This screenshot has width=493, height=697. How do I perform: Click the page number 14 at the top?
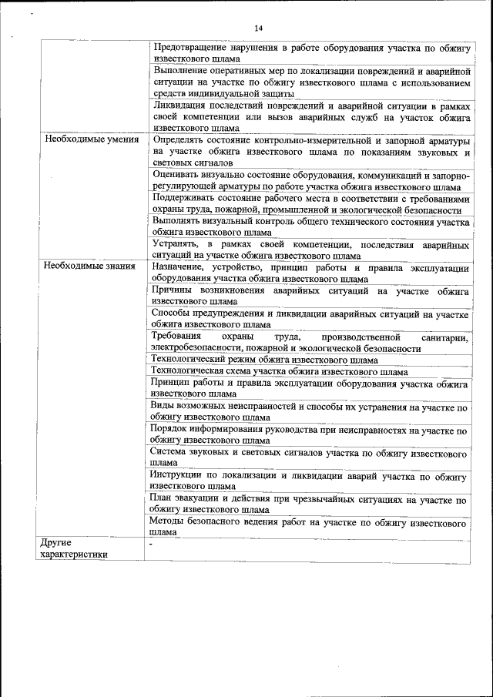click(x=259, y=28)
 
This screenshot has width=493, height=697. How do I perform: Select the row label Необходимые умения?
click(x=92, y=140)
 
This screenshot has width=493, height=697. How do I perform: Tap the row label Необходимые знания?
click(x=90, y=266)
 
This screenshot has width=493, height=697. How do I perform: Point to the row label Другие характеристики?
click(x=74, y=548)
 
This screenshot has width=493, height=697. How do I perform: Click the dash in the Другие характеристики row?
click(x=153, y=543)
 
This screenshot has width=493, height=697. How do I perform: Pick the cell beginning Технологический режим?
click(x=263, y=360)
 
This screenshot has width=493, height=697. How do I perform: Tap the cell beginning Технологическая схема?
click(x=278, y=371)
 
